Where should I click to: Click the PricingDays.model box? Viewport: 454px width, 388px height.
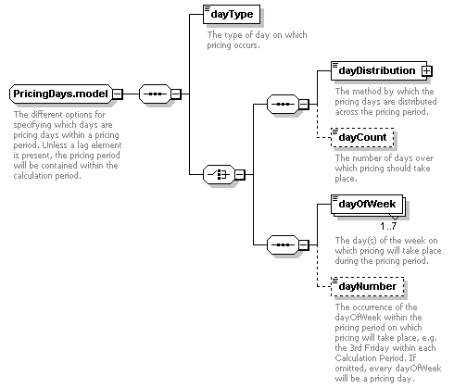pos(61,94)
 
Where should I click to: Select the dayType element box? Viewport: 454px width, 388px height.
pos(232,14)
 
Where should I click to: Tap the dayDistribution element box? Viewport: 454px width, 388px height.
pos(379,70)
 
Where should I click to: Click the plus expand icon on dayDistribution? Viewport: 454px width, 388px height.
pos(426,71)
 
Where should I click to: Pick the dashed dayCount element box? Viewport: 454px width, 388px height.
pos(362,137)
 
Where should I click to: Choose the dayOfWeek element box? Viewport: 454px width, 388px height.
pos(367,204)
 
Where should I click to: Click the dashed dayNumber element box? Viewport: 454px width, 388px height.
pos(367,286)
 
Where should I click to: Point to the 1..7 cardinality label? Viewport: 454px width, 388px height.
pos(388,227)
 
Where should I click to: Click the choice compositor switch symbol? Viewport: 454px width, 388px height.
pos(219,175)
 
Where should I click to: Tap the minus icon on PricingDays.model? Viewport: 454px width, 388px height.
pos(118,94)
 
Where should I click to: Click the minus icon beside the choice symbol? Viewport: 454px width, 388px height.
pos(240,175)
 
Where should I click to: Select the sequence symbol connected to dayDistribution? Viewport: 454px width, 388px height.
pos(283,104)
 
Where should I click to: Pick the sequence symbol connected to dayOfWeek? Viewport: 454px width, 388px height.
pos(283,245)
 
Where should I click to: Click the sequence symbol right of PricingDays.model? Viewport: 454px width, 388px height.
pos(155,94)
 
